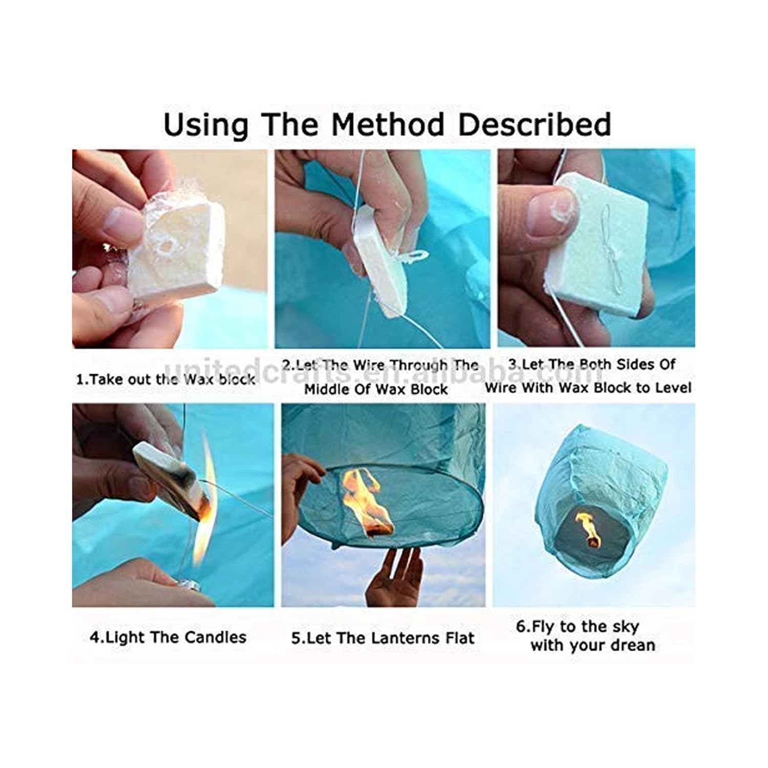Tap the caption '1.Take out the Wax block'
(x=165, y=379)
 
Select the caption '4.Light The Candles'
(x=168, y=637)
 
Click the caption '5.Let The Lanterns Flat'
(x=383, y=638)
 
